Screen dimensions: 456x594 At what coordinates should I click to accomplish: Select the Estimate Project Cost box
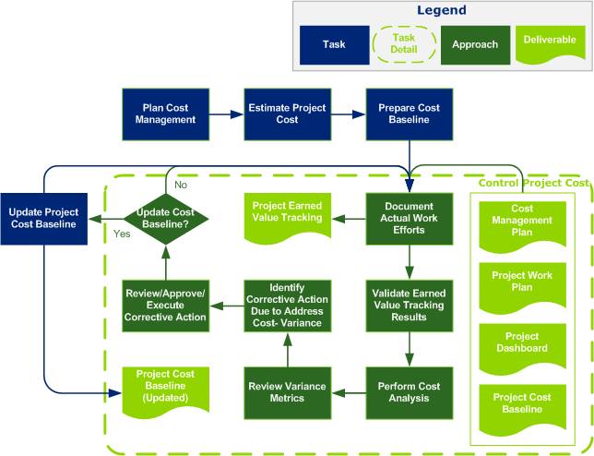[x=287, y=114]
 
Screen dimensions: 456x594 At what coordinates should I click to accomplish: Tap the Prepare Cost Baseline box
[x=409, y=114]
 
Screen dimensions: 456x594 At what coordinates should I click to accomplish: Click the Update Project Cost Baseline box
[x=44, y=217]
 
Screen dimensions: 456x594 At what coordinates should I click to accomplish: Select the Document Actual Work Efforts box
[x=409, y=217]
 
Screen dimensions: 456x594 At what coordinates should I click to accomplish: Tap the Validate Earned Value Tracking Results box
[x=409, y=304]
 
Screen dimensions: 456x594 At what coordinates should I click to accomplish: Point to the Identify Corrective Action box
[x=287, y=304]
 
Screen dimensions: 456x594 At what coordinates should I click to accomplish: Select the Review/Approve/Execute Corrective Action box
[x=165, y=304]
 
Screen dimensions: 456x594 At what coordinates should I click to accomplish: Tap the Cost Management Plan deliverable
[x=522, y=221]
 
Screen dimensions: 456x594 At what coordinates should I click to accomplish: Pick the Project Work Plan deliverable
[x=522, y=282]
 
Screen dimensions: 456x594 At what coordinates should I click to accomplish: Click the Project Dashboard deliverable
[x=522, y=342]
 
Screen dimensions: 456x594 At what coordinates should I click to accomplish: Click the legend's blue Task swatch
[x=333, y=43]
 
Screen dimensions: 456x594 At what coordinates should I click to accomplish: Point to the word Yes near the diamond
[x=121, y=234]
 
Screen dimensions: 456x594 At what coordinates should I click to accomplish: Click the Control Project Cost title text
[x=533, y=183]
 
